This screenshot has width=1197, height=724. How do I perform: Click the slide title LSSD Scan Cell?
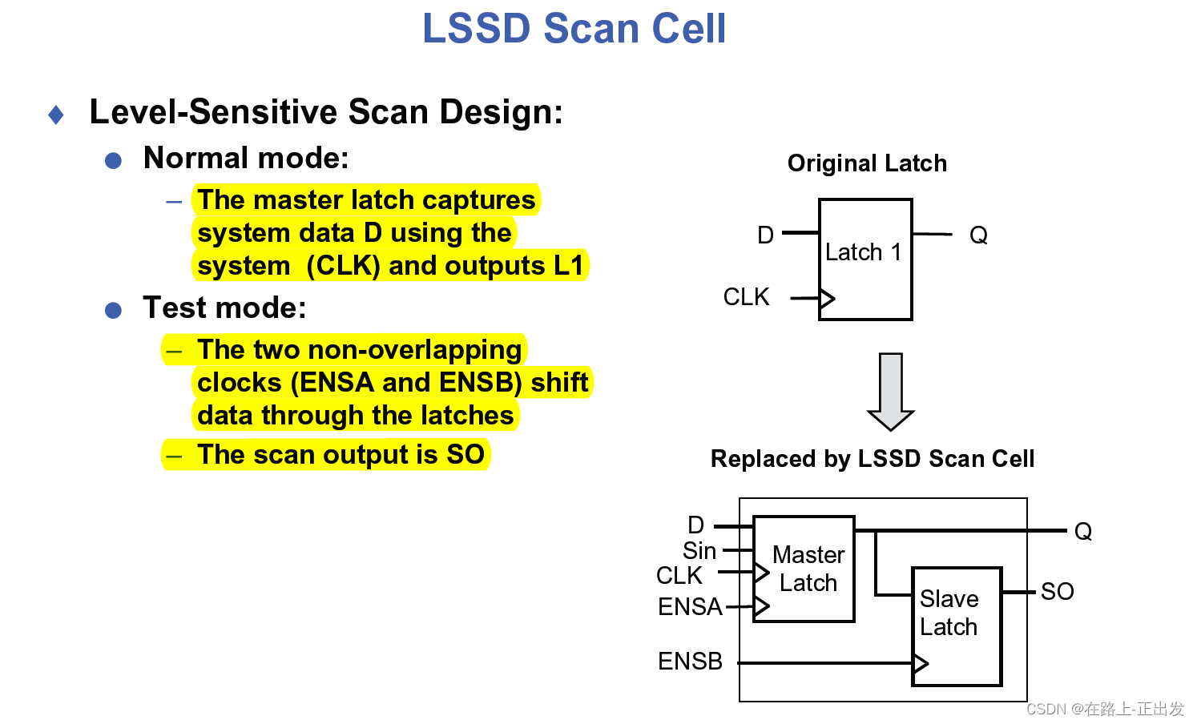574,29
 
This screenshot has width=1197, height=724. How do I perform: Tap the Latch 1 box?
865,259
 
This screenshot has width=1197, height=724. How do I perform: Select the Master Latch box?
804,569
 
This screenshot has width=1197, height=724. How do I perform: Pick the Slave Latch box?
957,626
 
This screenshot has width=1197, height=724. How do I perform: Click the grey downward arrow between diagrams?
890,391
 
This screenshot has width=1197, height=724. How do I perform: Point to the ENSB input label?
690,662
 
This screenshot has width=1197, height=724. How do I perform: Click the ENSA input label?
689,607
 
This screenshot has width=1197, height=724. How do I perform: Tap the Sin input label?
699,551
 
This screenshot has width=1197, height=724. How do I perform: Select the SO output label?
1057,592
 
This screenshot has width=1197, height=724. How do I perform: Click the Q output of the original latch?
978,235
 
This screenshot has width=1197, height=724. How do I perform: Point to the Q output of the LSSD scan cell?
1082,532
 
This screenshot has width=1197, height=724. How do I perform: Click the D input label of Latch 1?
765,235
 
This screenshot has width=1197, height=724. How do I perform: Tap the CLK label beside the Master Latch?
679,576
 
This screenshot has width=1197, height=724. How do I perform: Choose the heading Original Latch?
867,163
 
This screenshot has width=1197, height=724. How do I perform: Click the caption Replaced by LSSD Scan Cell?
873,459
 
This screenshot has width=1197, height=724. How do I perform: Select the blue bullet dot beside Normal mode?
114,161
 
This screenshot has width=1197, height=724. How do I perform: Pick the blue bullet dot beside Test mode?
114,311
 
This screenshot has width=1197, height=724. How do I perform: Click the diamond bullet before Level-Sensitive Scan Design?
56,115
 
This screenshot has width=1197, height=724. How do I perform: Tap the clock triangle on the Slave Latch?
921,663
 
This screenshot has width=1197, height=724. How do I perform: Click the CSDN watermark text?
1105,709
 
